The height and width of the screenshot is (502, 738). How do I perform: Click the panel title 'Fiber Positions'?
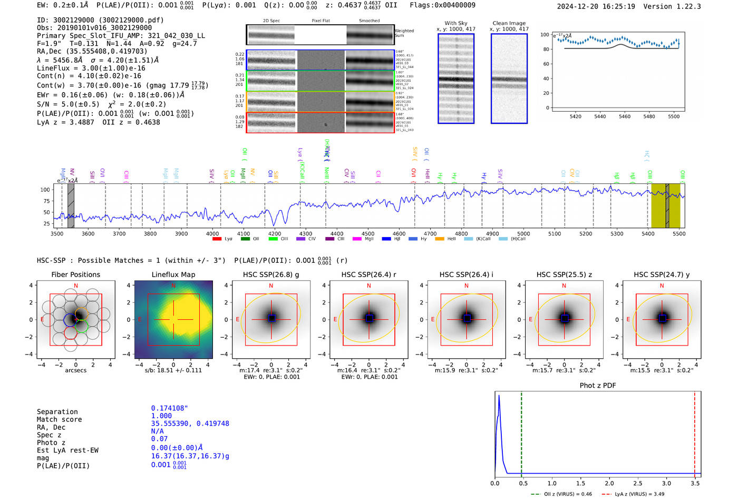(x=75, y=274)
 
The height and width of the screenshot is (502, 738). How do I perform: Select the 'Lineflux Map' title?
(x=173, y=274)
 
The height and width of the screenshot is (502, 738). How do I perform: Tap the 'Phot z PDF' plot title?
(x=597, y=386)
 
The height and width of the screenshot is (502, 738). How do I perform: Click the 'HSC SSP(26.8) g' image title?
(x=270, y=274)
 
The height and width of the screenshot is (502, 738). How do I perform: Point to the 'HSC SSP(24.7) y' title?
(x=662, y=274)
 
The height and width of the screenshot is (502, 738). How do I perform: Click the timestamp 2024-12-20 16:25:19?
(x=596, y=6)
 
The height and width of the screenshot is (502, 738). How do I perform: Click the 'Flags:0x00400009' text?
(x=442, y=5)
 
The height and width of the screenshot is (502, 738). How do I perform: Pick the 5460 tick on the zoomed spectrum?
(x=624, y=116)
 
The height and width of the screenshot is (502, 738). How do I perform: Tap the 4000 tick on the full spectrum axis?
(x=212, y=234)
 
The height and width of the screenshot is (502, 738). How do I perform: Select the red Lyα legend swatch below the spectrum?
(x=217, y=239)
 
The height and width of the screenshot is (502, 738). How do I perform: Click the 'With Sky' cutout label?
(x=455, y=23)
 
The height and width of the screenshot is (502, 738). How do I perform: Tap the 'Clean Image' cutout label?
(x=509, y=23)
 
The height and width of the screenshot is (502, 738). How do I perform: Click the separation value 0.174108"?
(x=169, y=408)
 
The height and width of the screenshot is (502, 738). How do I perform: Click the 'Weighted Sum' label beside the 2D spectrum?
(x=404, y=33)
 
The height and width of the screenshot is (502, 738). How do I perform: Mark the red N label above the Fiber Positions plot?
(x=76, y=286)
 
